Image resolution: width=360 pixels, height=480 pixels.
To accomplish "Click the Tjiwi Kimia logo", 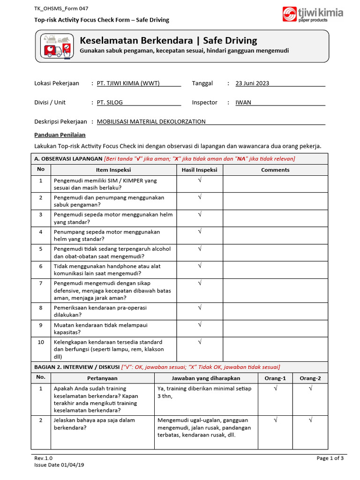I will (x=313, y=14).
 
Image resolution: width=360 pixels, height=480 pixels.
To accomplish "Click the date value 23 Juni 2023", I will (x=252, y=83).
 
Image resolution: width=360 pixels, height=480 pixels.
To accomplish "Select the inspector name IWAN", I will (x=243, y=103).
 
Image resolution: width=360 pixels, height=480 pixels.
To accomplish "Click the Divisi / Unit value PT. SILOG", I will (x=110, y=103).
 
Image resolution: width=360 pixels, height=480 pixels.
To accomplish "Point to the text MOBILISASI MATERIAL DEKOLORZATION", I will (x=151, y=121).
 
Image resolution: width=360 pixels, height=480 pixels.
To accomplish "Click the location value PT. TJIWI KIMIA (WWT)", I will (x=128, y=83).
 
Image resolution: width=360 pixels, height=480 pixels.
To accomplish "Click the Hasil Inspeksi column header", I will (x=200, y=170).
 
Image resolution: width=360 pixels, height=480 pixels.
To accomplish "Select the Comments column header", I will (x=275, y=170).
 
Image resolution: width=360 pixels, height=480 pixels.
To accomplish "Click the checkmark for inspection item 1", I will (x=200, y=180).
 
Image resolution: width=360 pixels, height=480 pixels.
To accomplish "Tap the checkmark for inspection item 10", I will (x=200, y=342).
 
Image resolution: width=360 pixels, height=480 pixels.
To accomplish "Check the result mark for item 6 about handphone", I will (x=200, y=266).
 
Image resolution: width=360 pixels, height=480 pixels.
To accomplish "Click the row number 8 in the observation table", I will (x=41, y=307).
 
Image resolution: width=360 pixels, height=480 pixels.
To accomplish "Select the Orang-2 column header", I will (x=310, y=378).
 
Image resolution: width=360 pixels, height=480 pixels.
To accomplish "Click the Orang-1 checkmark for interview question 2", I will (x=275, y=420).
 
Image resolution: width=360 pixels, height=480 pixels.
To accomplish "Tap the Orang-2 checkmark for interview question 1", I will (x=310, y=388).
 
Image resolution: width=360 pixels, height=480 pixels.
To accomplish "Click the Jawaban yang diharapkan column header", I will (x=206, y=378).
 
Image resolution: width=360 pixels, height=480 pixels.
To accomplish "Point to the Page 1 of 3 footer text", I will (x=330, y=458).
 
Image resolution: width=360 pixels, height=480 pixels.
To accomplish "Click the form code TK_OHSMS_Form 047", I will (x=61, y=8).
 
